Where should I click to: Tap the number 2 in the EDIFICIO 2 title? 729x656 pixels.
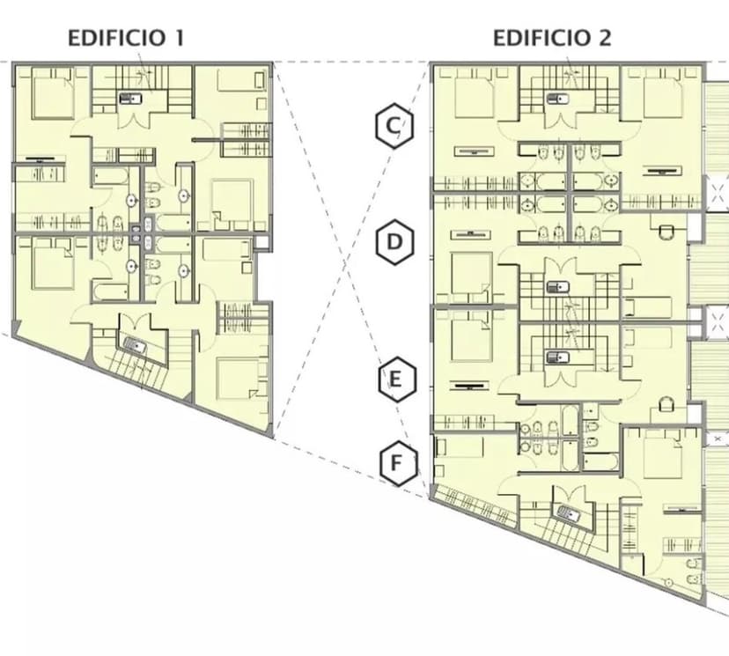(604, 38)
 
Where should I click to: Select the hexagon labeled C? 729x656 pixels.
(394, 126)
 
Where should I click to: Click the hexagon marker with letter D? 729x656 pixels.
(394, 242)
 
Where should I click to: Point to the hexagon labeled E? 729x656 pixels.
(396, 380)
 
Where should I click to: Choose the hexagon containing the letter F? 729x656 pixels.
(399, 463)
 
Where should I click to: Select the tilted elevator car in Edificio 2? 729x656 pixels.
(568, 513)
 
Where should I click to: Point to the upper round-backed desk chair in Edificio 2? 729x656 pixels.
(666, 232)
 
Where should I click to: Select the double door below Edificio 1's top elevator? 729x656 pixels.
(134, 118)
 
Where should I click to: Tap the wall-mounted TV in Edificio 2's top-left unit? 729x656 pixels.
(474, 151)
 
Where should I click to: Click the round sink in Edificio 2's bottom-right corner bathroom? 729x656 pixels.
(669, 582)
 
